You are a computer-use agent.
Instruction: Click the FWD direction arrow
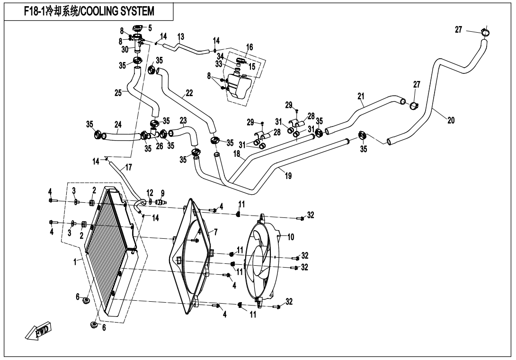(39, 330)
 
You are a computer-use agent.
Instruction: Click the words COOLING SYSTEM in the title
(117, 11)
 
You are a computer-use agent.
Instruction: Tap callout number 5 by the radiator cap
(150, 28)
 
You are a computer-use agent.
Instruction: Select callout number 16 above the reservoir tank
(249, 47)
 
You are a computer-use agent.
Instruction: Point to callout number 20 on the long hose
(451, 120)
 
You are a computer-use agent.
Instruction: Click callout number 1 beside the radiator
(75, 262)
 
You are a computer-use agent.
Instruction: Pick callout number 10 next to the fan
(291, 237)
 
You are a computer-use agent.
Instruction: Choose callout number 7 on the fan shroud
(215, 232)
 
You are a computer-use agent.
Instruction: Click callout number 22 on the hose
(189, 93)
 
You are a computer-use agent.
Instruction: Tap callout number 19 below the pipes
(288, 176)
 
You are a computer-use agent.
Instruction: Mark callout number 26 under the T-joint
(159, 145)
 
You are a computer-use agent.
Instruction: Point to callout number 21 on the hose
(361, 96)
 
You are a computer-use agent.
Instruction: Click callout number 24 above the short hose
(118, 125)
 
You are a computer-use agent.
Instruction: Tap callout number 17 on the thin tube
(128, 168)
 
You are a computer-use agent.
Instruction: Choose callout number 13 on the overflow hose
(181, 36)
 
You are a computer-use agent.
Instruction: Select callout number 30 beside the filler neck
(125, 49)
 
